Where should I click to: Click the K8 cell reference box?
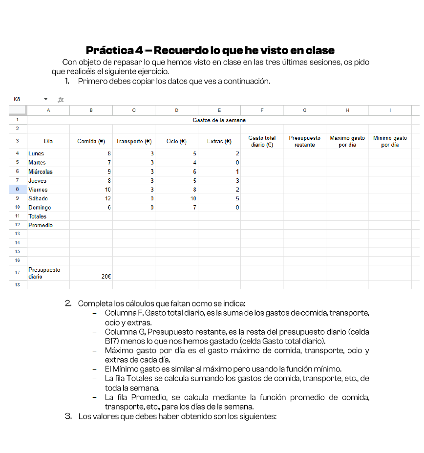pyautogui.click(x=18, y=99)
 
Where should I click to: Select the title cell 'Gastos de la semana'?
pyautogui.click(x=219, y=120)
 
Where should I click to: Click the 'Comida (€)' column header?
pyautogui.click(x=91, y=141)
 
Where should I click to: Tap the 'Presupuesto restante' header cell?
pyautogui.click(x=304, y=141)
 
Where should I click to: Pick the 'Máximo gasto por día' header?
pyautogui.click(x=347, y=141)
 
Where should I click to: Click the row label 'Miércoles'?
pyautogui.click(x=41, y=172)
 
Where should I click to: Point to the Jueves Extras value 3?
pyautogui.click(x=237, y=180)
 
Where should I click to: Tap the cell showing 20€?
pyautogui.click(x=106, y=276)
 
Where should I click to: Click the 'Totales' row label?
pyautogui.click(x=38, y=216)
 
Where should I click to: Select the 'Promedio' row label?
pyautogui.click(x=41, y=225)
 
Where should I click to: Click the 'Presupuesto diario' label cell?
pyautogui.click(x=44, y=273)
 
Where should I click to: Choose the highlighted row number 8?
pyautogui.click(x=17, y=190)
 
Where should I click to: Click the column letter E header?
pyautogui.click(x=219, y=111)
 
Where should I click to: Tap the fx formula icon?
pyautogui.click(x=61, y=99)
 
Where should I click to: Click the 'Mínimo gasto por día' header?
pyautogui.click(x=390, y=141)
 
